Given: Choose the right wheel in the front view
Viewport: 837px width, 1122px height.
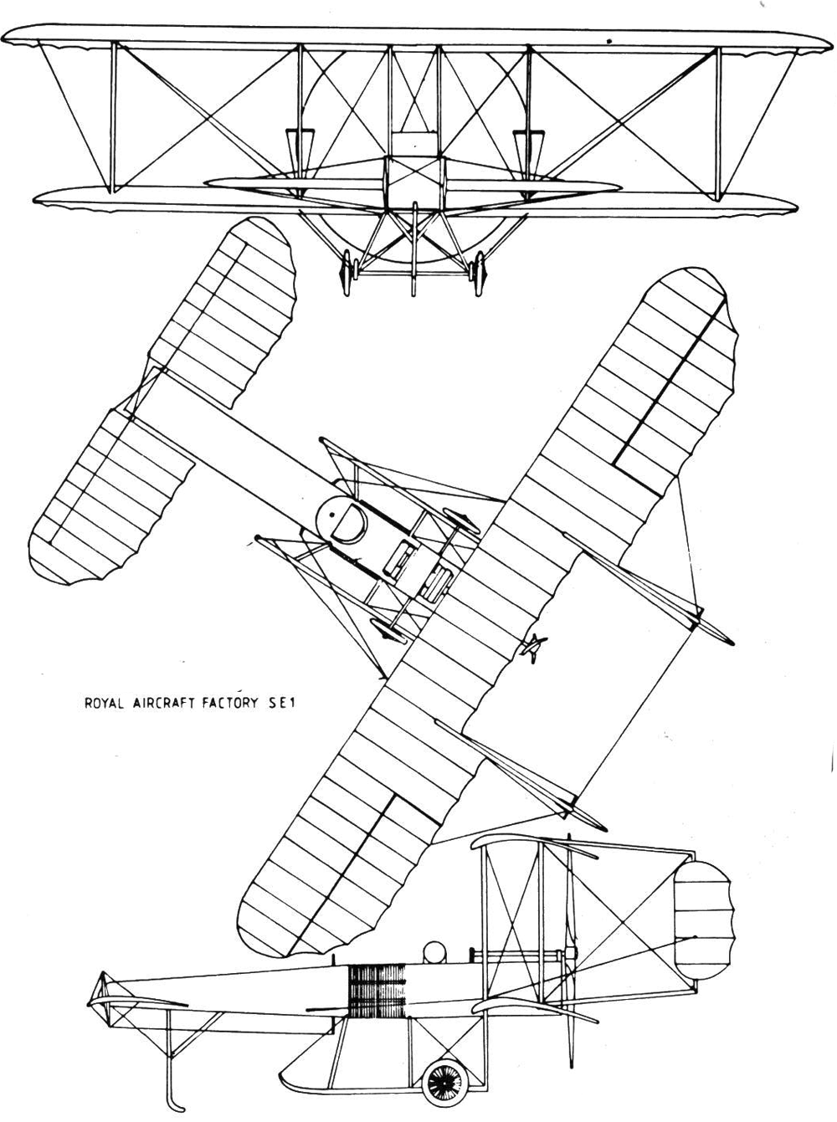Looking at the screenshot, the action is click(x=479, y=273).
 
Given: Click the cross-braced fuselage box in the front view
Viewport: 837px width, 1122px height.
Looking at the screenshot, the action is click(x=414, y=182).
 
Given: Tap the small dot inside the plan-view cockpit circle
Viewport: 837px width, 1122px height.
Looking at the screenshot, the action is click(x=332, y=514).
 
